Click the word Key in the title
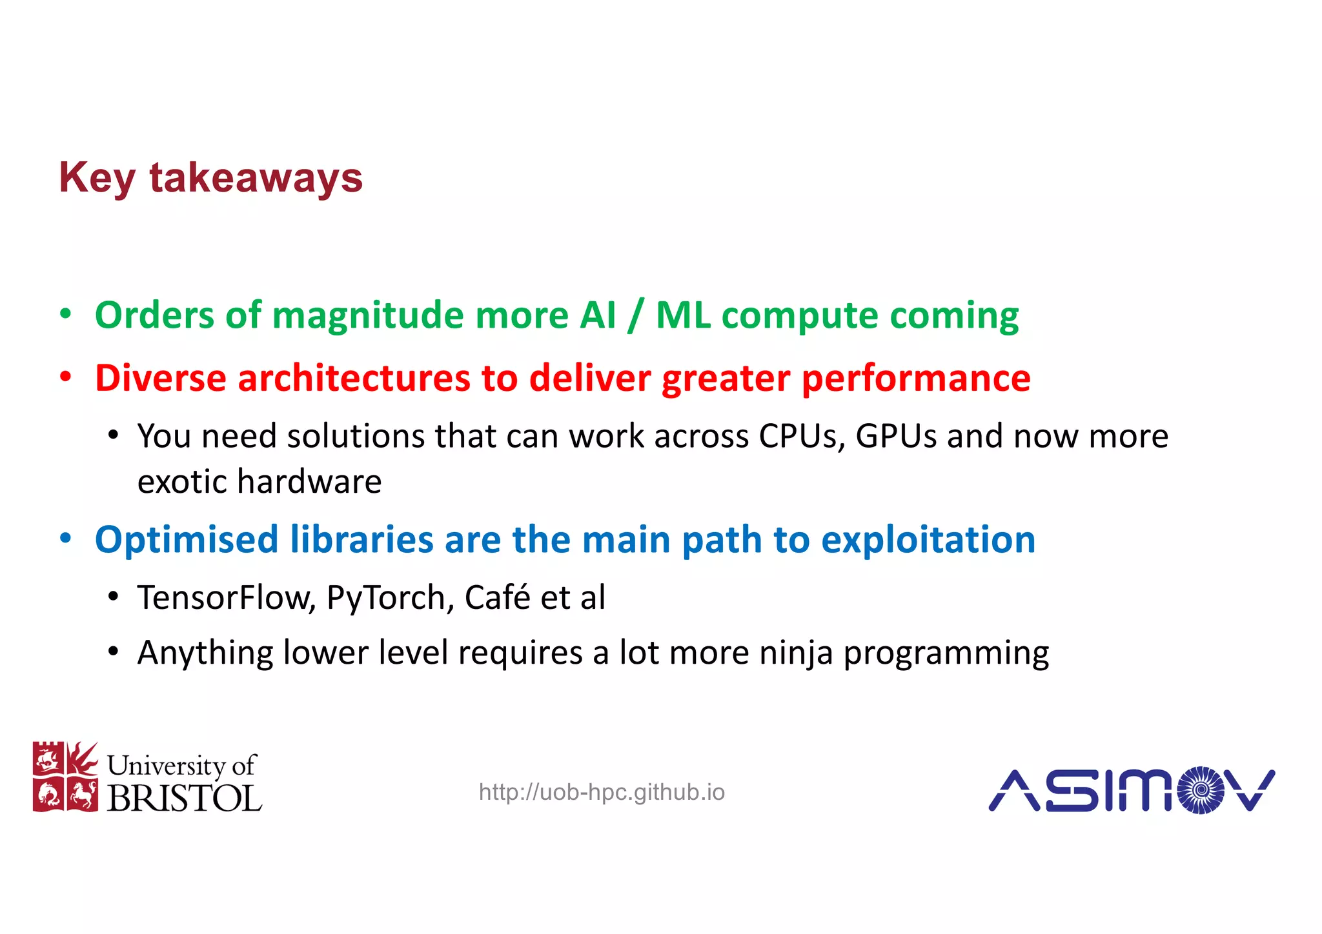point(97,178)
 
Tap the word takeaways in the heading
point(256,178)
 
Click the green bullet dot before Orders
point(65,314)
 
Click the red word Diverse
point(160,378)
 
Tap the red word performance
point(916,379)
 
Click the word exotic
point(182,482)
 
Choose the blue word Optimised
point(186,540)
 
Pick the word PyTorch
point(386,598)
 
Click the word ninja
point(796,653)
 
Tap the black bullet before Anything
point(113,652)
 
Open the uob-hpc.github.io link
point(602,792)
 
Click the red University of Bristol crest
point(65,777)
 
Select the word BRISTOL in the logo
point(184,799)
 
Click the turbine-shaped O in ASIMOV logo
point(1201,790)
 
